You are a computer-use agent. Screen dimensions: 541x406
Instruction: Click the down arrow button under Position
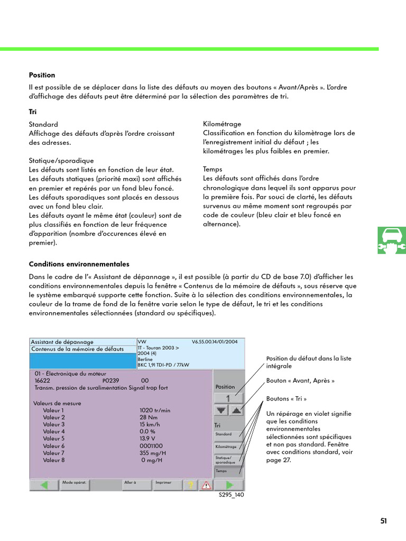tap(221, 410)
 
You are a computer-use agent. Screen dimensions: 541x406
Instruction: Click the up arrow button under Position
tap(236, 410)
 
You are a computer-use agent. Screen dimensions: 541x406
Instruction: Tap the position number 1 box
tap(228, 398)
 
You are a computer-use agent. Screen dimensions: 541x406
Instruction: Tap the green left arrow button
tap(44, 484)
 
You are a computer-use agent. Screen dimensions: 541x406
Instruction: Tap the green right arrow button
tap(229, 484)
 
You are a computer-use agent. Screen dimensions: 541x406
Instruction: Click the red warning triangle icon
tap(205, 484)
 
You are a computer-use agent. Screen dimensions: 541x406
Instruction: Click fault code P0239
tap(110, 380)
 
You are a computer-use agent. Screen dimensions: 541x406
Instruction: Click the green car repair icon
tap(392, 239)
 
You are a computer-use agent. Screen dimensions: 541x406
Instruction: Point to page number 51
tap(383, 521)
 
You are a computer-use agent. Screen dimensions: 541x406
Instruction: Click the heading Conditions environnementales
tap(79, 264)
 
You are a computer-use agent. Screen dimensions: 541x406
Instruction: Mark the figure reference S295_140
tap(232, 495)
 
